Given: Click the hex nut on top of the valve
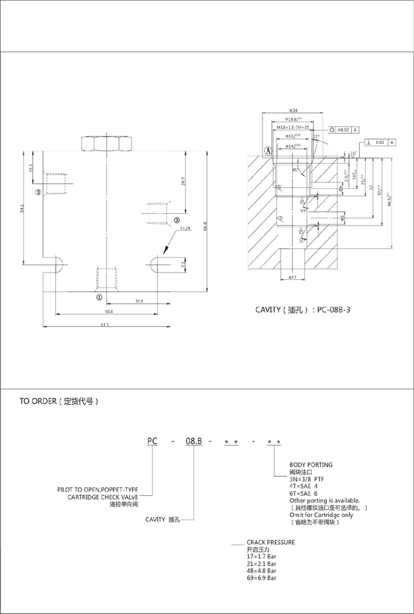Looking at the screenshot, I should pos(107,144).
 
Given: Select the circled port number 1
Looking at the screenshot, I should pos(99,298).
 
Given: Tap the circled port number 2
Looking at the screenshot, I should pos(177,221).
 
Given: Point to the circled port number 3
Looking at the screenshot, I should pos(38,193).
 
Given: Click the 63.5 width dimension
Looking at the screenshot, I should pos(105,325).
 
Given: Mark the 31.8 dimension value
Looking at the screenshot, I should pos(139,301).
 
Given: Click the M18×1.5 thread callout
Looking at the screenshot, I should pos(292,128).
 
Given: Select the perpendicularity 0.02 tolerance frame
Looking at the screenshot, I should pos(381,143).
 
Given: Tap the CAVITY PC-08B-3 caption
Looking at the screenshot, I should pos(303,309).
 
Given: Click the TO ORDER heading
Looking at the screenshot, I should pos(59,402).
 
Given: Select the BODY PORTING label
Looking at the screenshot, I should pos(311,465).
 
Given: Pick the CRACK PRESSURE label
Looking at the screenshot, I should pos(271,541).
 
